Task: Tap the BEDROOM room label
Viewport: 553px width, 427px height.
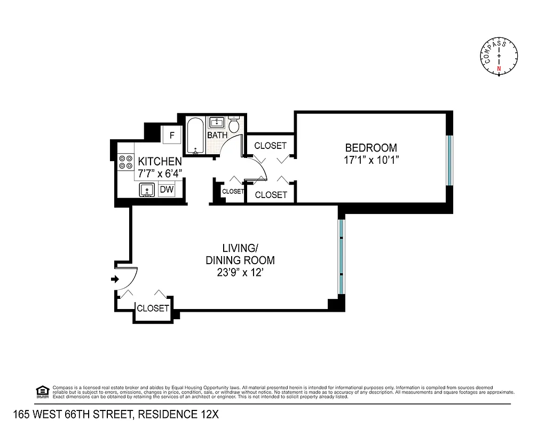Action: (x=371, y=148)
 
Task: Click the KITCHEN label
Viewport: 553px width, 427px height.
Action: (x=160, y=161)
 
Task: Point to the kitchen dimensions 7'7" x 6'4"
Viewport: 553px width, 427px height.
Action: (x=160, y=172)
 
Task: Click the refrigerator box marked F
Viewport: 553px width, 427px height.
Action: (x=172, y=135)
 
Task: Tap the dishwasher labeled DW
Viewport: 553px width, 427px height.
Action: (x=167, y=189)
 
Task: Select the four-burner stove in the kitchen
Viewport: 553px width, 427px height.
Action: (x=126, y=162)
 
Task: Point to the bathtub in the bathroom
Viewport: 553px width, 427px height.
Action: (x=195, y=136)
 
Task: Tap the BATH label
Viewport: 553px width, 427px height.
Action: (x=217, y=136)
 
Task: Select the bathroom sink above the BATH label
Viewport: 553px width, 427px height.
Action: (x=217, y=122)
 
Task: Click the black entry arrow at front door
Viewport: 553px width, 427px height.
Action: (x=114, y=279)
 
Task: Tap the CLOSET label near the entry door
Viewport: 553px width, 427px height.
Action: (x=153, y=309)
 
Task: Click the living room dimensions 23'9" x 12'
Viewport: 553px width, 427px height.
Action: (x=240, y=273)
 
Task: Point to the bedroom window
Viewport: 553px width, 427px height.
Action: (x=449, y=160)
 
